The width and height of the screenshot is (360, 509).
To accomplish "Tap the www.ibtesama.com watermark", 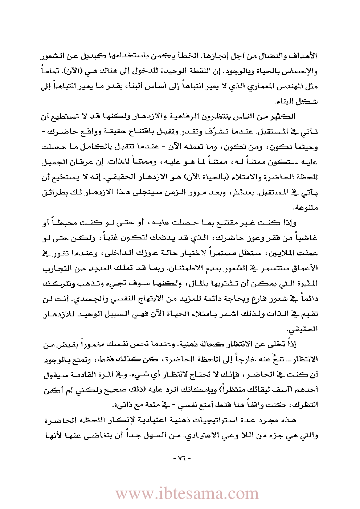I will tap(187, 493).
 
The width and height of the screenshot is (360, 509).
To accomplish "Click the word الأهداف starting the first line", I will tap(307, 56).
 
